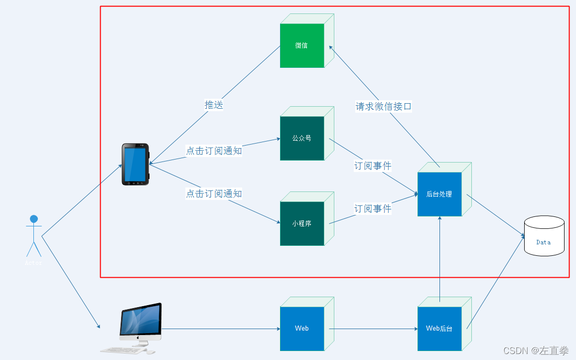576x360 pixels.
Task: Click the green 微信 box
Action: click(302, 45)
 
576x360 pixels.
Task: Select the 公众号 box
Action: click(302, 138)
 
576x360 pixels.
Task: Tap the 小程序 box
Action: click(302, 223)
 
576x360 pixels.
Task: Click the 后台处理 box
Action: click(439, 194)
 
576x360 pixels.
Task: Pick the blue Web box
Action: click(302, 328)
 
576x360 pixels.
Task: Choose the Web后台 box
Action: click(439, 328)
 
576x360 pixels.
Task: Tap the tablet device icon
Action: click(136, 165)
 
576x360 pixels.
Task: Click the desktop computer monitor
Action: click(141, 322)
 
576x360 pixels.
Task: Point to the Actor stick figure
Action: click(34, 237)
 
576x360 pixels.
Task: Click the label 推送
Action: click(214, 105)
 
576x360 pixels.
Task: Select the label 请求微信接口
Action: click(384, 106)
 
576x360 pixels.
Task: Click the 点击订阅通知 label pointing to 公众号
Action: click(214, 151)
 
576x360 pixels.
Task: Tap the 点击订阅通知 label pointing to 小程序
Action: click(214, 193)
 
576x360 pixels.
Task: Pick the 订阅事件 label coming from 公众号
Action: click(373, 166)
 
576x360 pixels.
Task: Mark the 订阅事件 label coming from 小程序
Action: click(373, 208)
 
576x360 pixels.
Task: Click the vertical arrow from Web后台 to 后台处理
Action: click(440, 259)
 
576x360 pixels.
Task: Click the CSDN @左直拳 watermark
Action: click(536, 351)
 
